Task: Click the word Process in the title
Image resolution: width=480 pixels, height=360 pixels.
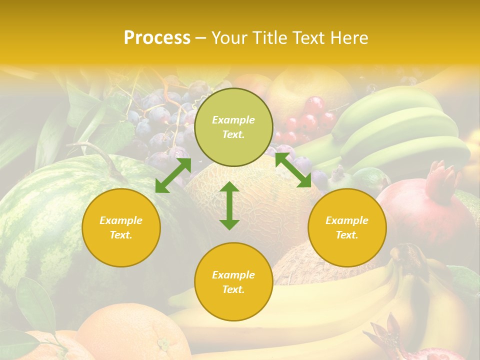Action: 157,38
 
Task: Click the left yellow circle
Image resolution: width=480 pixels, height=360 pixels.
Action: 121,227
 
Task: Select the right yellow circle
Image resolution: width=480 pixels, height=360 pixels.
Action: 347,227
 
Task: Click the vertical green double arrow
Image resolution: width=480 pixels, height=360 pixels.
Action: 229,205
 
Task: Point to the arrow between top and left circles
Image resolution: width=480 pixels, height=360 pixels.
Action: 173,175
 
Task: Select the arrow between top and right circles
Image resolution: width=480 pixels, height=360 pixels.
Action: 293,170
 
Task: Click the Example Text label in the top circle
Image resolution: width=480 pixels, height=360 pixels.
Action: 233,127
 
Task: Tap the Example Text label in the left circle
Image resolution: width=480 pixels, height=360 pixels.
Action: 121,227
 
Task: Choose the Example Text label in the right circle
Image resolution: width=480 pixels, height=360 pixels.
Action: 347,227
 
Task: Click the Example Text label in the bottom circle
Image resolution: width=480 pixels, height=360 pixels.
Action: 233,282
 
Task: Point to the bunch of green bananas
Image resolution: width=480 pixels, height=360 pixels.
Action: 400,130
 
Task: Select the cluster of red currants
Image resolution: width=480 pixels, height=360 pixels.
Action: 307,120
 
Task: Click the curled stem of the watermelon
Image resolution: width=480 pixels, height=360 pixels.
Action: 100,155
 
